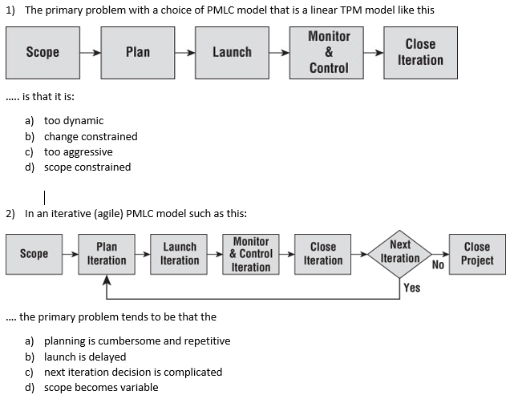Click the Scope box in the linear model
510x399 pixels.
click(x=42, y=52)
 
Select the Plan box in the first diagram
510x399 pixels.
click(x=138, y=52)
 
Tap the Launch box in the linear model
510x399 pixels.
click(x=232, y=52)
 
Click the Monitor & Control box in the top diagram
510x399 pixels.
click(x=329, y=52)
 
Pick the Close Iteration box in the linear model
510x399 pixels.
click(x=420, y=52)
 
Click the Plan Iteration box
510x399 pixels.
click(x=107, y=254)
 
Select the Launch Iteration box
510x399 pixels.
click(x=180, y=254)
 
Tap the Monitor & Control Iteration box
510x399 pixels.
click(x=251, y=254)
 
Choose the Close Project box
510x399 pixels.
click(x=477, y=254)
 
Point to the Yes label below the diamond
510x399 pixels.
click(x=412, y=288)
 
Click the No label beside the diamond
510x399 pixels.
click(x=438, y=264)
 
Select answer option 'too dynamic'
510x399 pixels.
click(x=73, y=121)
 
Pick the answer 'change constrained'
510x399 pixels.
click(x=90, y=136)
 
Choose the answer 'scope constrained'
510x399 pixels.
click(x=87, y=167)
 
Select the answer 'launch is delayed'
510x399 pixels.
click(x=84, y=357)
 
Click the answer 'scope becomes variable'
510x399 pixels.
click(x=100, y=388)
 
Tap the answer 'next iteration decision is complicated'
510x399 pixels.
click(x=132, y=372)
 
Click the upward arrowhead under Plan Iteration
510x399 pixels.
click(x=107, y=281)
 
